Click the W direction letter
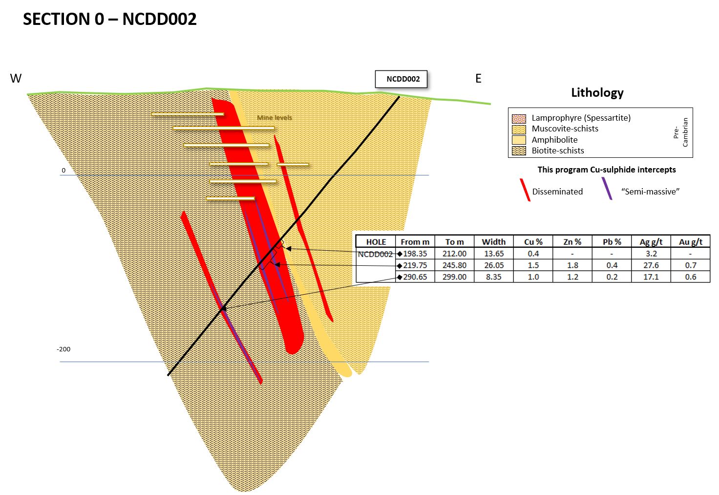tap(16, 79)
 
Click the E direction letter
tap(478, 79)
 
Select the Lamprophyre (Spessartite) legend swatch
tap(519, 118)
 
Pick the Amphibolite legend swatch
tap(519, 140)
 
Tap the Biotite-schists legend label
tap(558, 151)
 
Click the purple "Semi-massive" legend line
tap(607, 188)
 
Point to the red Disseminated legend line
tap(525, 190)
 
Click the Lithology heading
tap(597, 93)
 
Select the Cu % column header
tap(533, 242)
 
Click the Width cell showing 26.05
tap(493, 265)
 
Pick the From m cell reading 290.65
tap(415, 277)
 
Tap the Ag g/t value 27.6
tap(651, 265)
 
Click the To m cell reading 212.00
tap(454, 254)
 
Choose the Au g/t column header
tap(690, 242)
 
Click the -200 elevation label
tap(63, 349)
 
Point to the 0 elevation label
tap(63, 171)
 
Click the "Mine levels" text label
tap(275, 118)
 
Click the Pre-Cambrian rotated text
tap(680, 132)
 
